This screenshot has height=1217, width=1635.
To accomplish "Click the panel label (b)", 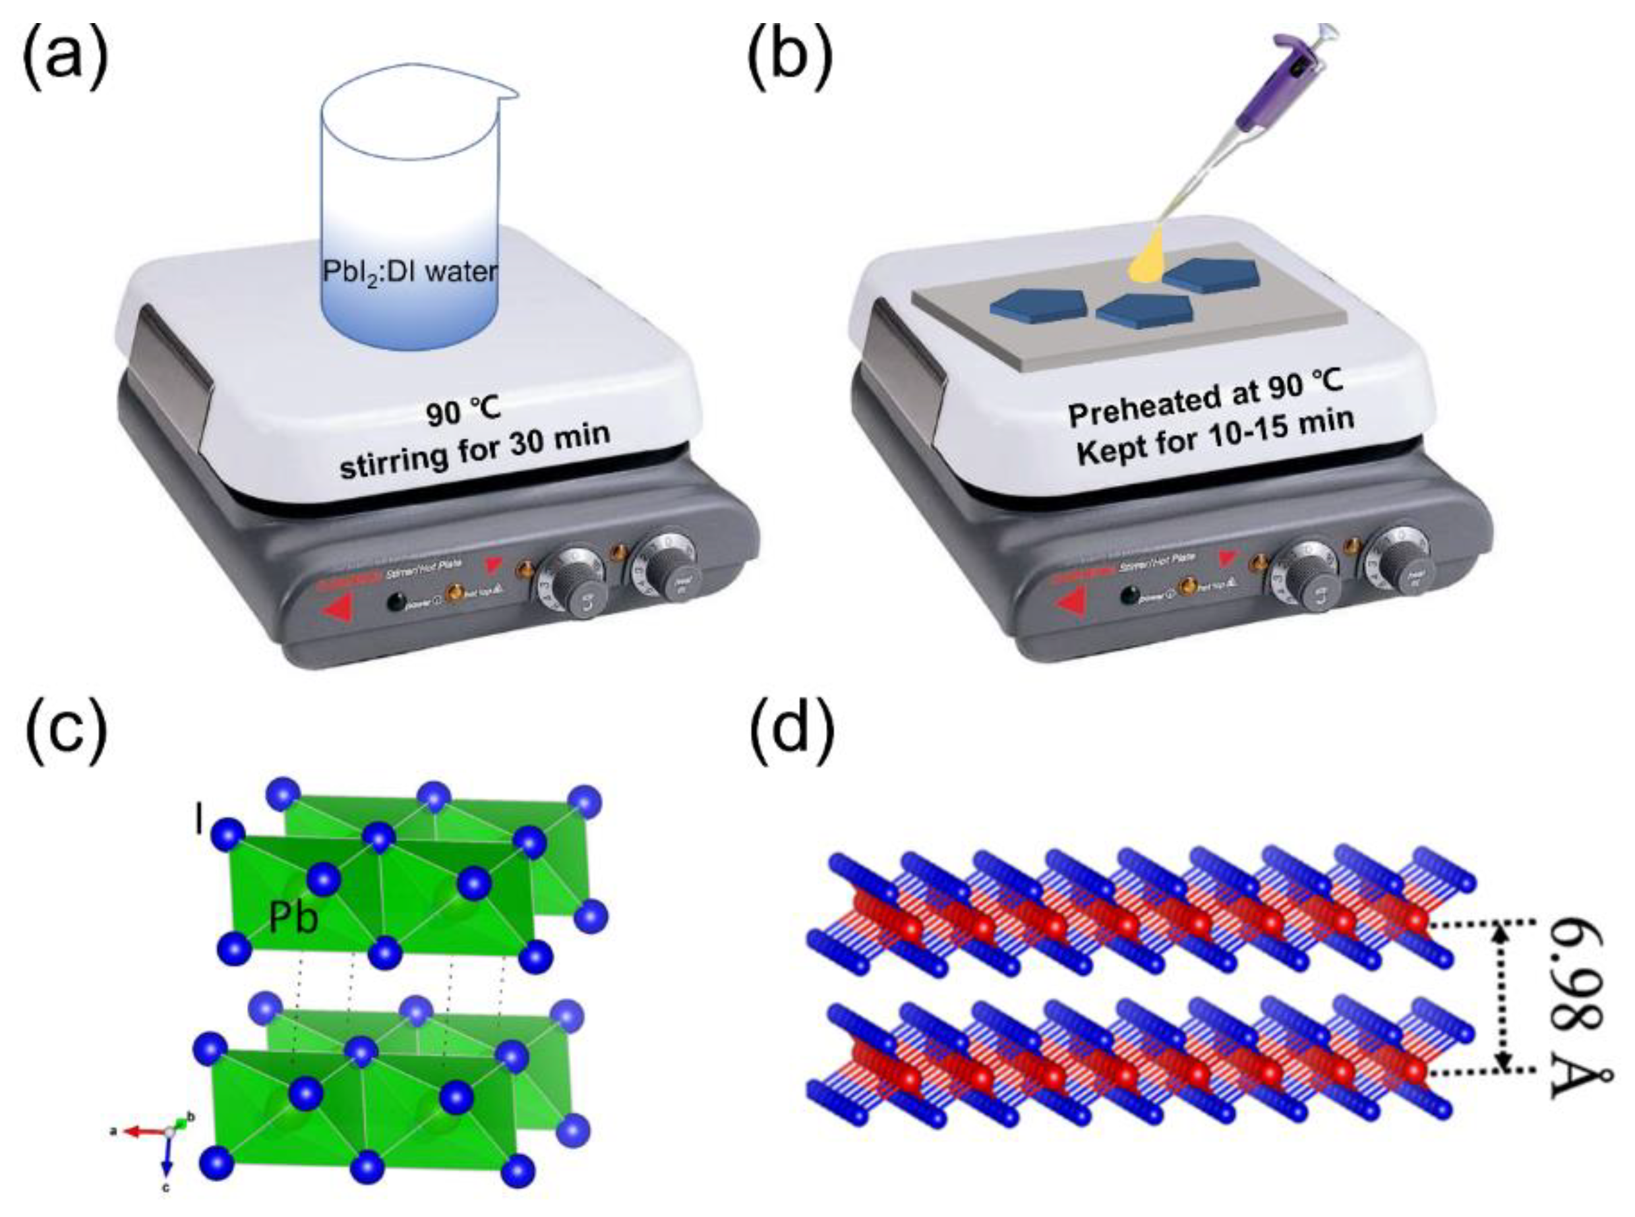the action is (790, 55).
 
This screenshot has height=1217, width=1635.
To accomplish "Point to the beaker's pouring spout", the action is (508, 94).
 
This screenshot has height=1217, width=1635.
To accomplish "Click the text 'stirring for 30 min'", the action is (475, 451).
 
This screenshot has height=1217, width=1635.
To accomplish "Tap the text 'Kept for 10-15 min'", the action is (1215, 440).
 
